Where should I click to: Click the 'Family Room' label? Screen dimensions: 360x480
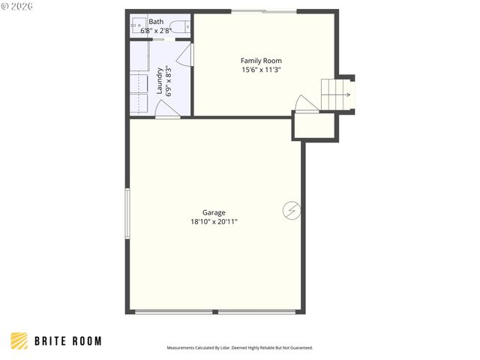click(261, 61)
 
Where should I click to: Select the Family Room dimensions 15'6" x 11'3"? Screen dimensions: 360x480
click(261, 70)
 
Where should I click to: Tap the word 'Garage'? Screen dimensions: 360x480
click(214, 212)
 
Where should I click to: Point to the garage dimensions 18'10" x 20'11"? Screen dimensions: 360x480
click(214, 221)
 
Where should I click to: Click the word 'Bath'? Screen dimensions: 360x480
click(156, 22)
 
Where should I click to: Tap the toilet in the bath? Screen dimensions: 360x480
click(178, 28)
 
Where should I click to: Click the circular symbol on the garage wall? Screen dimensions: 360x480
click(291, 211)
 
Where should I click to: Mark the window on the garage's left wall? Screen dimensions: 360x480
click(127, 214)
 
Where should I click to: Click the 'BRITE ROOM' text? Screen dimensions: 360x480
click(67, 341)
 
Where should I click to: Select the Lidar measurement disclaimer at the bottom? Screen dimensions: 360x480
click(239, 348)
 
